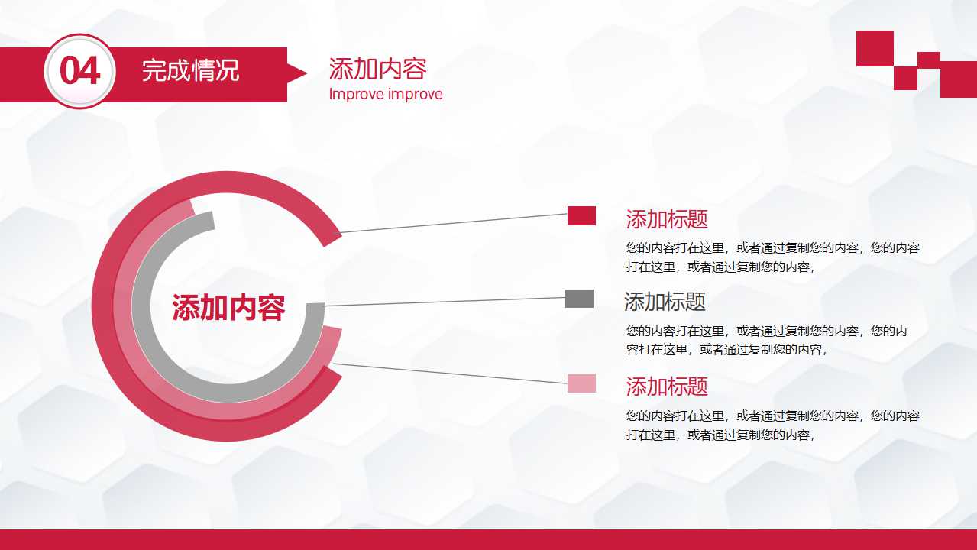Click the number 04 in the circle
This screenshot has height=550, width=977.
[79, 71]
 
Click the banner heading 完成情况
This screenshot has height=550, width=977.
[190, 71]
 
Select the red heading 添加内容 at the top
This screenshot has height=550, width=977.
[377, 69]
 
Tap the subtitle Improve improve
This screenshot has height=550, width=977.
[386, 95]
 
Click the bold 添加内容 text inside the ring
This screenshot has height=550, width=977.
[228, 308]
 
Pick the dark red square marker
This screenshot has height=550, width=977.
[581, 216]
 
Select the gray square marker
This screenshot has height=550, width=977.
[579, 299]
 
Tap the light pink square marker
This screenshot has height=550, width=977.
[581, 383]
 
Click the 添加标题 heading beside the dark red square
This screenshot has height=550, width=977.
[667, 219]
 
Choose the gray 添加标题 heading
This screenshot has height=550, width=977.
[665, 302]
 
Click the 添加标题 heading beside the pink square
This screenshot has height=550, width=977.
[667, 387]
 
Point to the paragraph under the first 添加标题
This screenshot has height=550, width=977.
[772, 257]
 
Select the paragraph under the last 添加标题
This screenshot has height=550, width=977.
[772, 425]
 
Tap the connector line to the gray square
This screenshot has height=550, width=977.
[443, 302]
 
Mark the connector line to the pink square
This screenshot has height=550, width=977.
[451, 374]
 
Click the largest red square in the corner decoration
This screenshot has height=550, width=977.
[875, 48]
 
